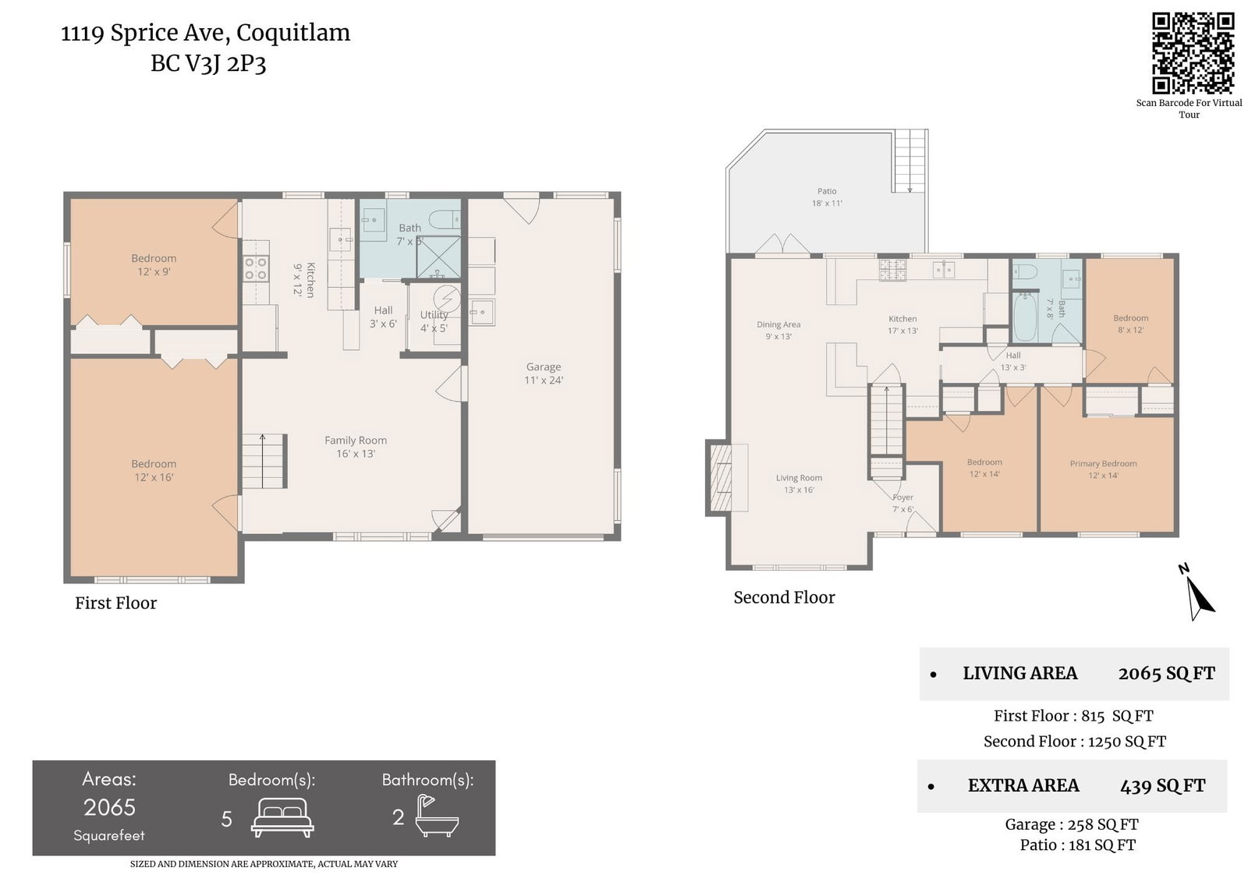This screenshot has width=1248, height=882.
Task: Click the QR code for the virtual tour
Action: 1193,54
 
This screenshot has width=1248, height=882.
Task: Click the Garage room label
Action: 543,374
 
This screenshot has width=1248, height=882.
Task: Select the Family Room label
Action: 356,447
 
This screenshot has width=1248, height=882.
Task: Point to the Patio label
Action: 827,197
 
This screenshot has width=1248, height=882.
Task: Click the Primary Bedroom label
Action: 1103,469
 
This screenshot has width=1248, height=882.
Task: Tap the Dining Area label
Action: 778,330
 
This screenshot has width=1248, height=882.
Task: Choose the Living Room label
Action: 799,483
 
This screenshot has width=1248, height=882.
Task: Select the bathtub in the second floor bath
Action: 1025,317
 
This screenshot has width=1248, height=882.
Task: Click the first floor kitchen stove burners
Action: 256,268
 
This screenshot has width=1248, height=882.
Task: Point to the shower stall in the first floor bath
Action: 438,257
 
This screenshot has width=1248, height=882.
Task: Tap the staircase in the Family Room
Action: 264,462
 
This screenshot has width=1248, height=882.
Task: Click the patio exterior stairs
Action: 909,161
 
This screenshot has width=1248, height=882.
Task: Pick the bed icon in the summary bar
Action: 282,817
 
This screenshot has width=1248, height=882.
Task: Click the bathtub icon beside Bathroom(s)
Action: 437,816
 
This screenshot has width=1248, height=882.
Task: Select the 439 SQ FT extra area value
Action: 1162,785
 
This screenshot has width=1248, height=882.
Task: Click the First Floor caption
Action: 116,603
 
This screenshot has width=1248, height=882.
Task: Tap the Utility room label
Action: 434,321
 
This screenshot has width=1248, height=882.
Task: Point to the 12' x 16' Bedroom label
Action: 154,470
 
